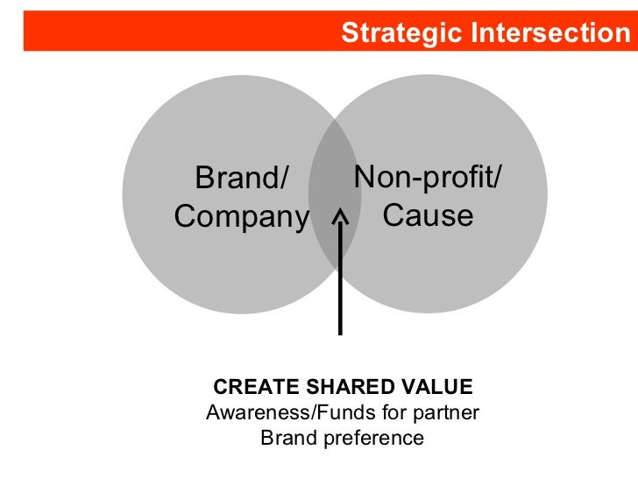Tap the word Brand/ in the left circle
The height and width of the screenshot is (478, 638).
[x=241, y=179]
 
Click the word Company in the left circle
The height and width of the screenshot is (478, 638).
[x=243, y=216]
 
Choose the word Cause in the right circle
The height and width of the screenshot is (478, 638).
[x=428, y=215]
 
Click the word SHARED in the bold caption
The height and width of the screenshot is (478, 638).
[x=332, y=387]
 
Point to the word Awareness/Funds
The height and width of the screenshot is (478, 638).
[x=279, y=412]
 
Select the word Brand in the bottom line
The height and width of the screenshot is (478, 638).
[x=287, y=438]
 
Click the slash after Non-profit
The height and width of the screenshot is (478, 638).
[x=498, y=178]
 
